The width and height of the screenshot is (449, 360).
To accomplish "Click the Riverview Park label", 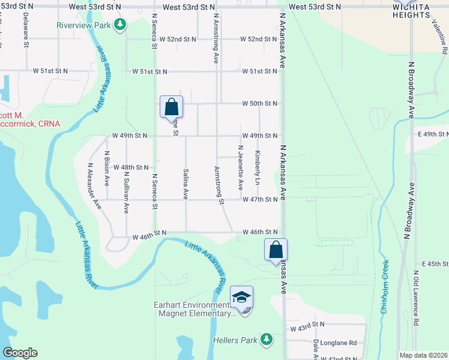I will click(84, 26).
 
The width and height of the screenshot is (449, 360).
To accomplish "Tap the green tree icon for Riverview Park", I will click(121, 25).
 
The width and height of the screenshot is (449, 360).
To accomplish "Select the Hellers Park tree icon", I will click(266, 340).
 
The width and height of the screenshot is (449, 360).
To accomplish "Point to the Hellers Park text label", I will click(235, 340).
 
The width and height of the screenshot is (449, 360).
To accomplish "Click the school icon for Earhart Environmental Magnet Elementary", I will click(241, 298).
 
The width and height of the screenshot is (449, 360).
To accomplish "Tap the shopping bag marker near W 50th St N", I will click(171, 107).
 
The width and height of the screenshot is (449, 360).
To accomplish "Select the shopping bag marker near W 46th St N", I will click(276, 250).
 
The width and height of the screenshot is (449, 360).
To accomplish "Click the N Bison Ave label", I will click(107, 169).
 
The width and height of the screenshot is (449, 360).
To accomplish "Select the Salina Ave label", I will click(186, 184).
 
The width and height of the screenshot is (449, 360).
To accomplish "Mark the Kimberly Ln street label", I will click(257, 167).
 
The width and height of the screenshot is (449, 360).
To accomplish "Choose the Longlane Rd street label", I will click(339, 343).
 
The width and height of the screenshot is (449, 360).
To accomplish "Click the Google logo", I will click(20, 353).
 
